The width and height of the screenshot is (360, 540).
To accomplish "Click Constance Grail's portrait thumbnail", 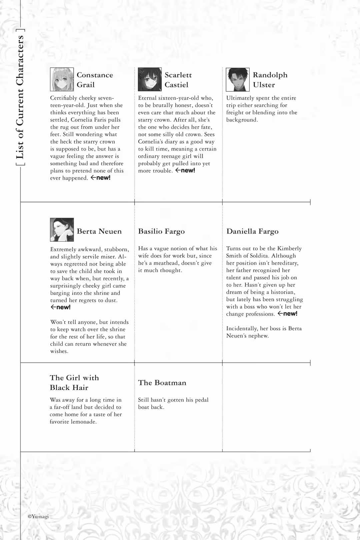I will pos(62,79).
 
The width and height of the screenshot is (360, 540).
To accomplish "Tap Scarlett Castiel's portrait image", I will pos(150,79).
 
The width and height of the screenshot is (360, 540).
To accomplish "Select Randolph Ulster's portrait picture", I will pos(238,79).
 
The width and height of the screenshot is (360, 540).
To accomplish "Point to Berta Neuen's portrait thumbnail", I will pos(62,230).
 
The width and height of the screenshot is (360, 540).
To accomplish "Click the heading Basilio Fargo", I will pos(161,231).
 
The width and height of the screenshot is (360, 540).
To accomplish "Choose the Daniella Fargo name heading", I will pos(252,231).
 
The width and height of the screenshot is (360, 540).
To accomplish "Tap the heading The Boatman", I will pos(162,383).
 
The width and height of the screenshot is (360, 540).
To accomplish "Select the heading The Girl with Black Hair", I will pos(74,382).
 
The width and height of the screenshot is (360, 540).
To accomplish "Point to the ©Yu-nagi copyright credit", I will pos(38,516).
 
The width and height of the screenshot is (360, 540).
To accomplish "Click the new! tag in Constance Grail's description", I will pos(100,178).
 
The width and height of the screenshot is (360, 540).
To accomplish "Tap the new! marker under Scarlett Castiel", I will pos(185,170).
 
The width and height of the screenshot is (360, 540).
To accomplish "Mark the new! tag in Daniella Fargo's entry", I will pos(287,314).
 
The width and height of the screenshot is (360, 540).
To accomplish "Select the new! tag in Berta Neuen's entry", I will pos(60,307).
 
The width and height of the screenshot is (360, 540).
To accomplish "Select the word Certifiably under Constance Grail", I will pos(63,98).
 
